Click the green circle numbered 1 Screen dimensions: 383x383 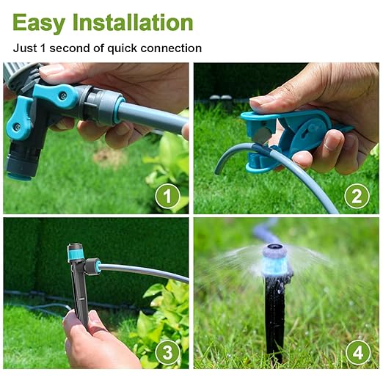click(168, 196)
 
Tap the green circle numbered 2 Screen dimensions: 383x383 click(357, 196)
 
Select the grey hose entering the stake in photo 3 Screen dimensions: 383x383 click(139, 271)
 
